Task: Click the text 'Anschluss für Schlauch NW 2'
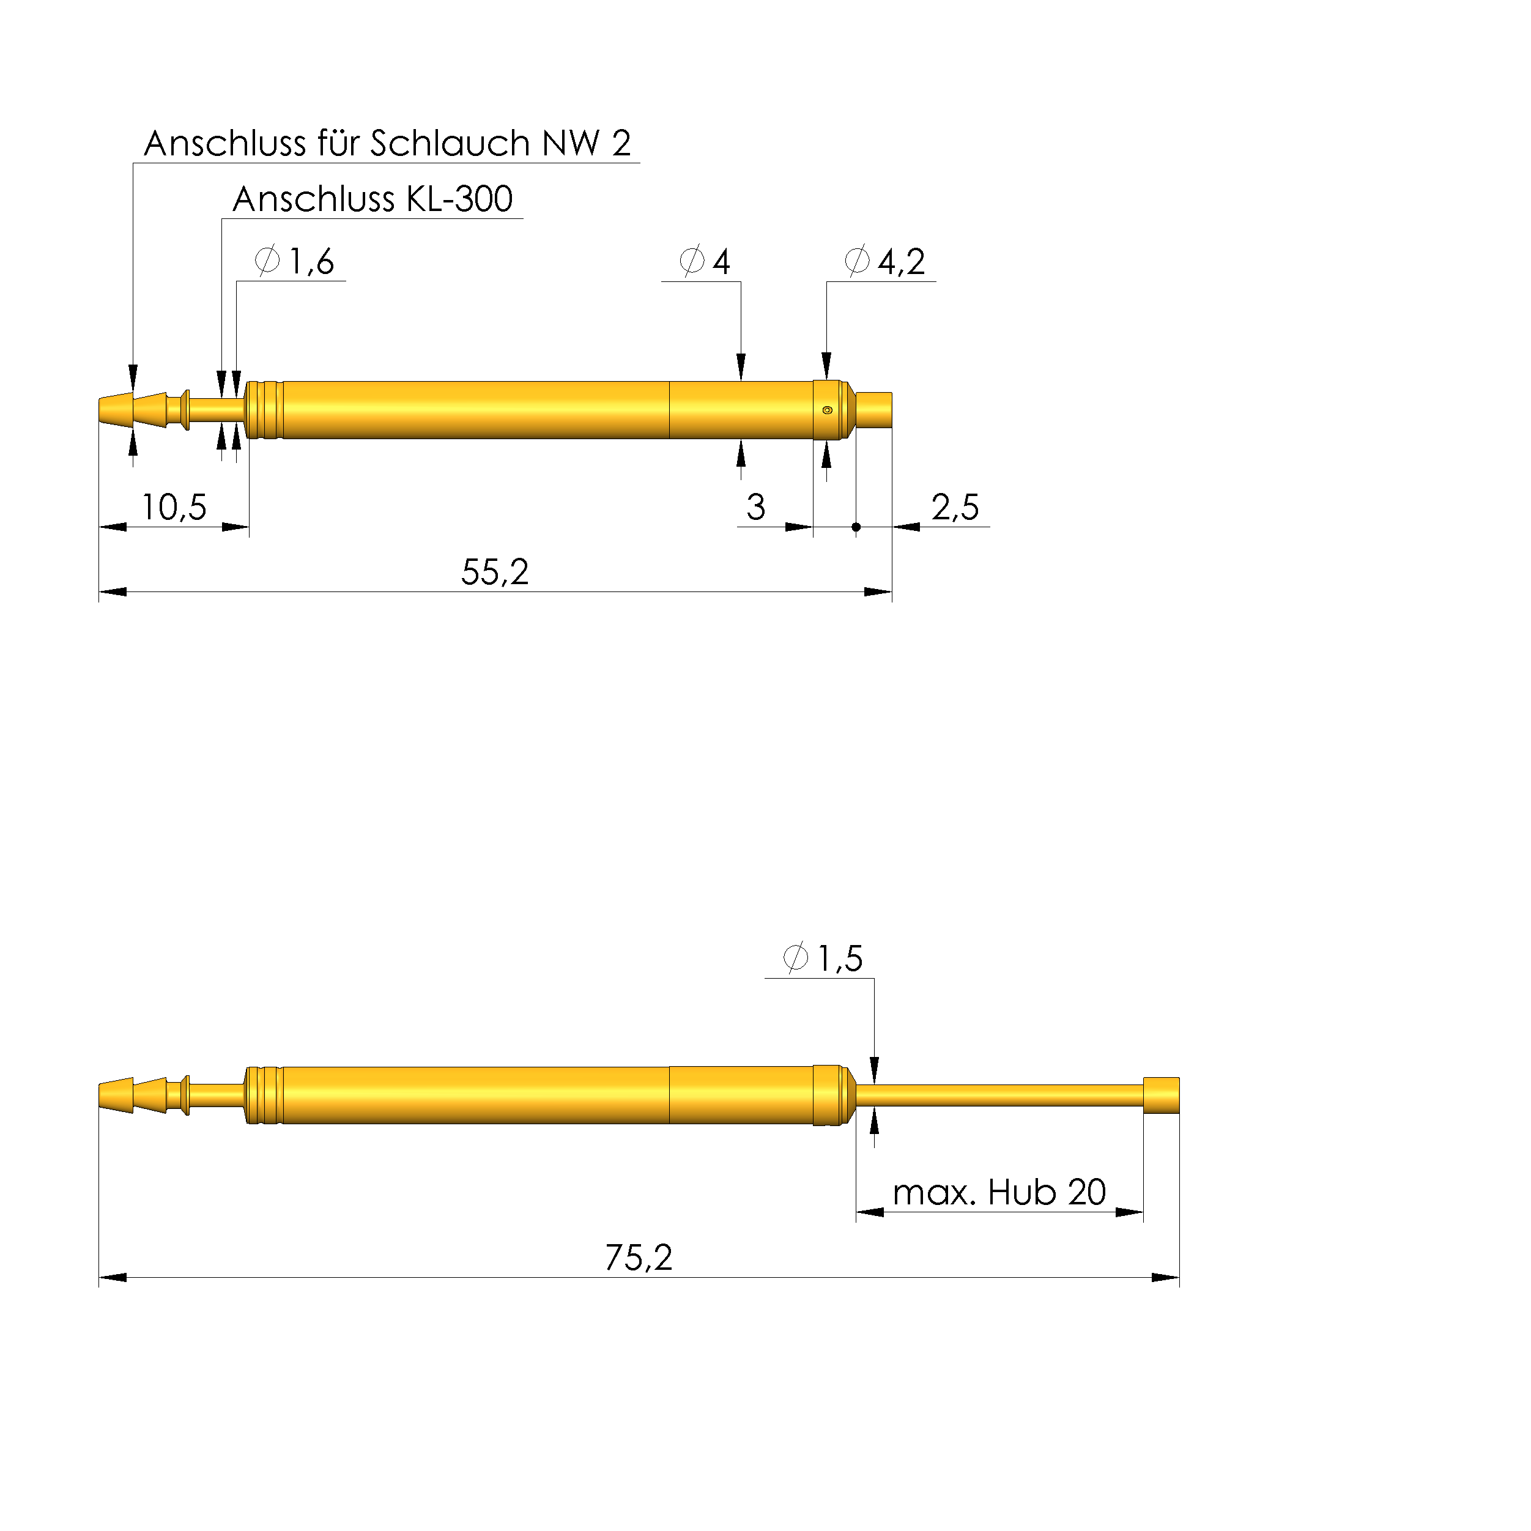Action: (x=388, y=143)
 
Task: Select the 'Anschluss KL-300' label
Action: (x=373, y=199)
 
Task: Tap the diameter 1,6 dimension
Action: (x=295, y=262)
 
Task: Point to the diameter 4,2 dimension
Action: (x=886, y=262)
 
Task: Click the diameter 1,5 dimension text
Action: (x=823, y=959)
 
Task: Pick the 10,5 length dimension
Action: (x=174, y=507)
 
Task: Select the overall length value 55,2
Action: (x=494, y=572)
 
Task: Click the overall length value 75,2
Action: (x=639, y=1258)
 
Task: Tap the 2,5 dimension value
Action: (x=955, y=507)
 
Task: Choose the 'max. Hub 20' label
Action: (x=999, y=1193)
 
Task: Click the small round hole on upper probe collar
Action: (x=828, y=410)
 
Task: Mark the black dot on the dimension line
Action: (x=856, y=527)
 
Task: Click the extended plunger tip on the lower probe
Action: (x=1161, y=1095)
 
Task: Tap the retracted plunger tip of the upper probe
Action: (x=874, y=410)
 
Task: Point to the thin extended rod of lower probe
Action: (x=998, y=1095)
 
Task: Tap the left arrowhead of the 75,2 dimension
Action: (x=113, y=1277)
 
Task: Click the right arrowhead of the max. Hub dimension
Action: (x=1129, y=1212)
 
